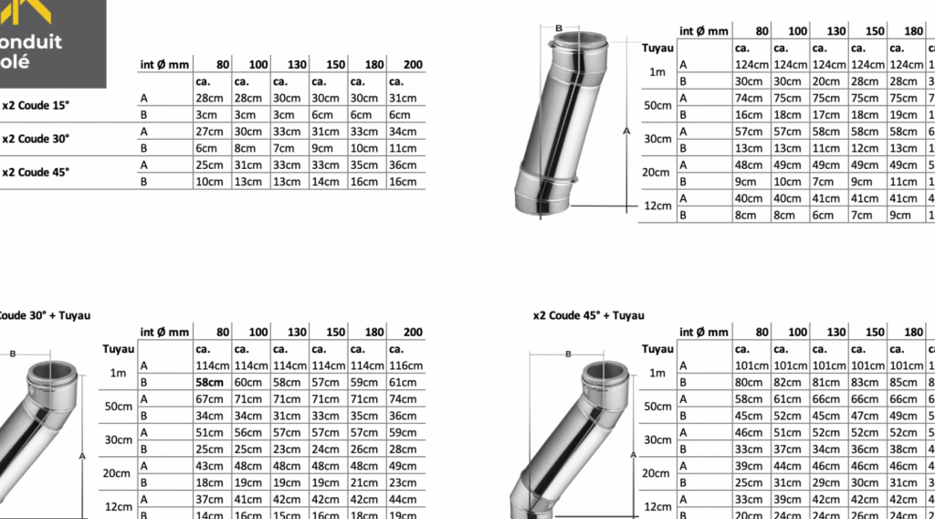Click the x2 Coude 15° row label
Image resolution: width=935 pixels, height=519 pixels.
click(36, 106)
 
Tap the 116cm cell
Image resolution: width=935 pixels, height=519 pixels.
click(405, 365)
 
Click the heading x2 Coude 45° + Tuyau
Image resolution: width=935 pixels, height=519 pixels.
click(589, 315)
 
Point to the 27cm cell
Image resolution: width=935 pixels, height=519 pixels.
click(209, 132)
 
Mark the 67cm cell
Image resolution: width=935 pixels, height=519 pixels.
click(209, 399)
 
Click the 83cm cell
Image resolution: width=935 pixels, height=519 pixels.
click(865, 382)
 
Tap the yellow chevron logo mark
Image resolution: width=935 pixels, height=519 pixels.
click(26, 11)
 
